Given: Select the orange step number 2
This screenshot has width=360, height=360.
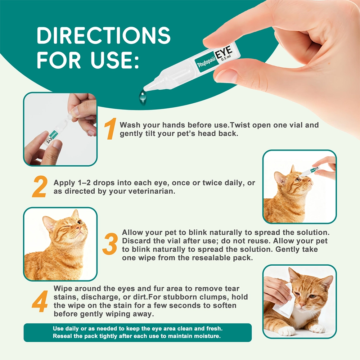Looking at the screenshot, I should (39, 186).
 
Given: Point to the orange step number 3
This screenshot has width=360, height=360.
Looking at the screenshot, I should (110, 244).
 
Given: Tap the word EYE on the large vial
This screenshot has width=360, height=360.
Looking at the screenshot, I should (223, 53).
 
